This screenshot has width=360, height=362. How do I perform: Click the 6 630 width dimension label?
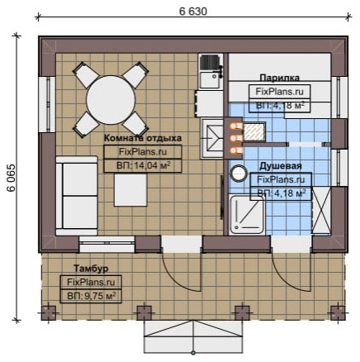(x=193, y=12)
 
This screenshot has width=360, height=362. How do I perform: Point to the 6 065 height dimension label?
(x=12, y=178)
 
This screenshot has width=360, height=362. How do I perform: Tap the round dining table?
(x=111, y=101)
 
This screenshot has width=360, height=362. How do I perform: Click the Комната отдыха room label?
(x=143, y=138)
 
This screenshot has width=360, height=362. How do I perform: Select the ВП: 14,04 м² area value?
(x=143, y=165)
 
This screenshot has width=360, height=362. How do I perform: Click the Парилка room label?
(x=279, y=78)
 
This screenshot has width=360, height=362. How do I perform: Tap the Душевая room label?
(x=281, y=166)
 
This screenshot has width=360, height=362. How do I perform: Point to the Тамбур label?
(x=91, y=269)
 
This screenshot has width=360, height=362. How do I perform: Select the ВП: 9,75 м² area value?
(x=91, y=296)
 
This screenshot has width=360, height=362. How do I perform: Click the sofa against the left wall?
(x=77, y=196)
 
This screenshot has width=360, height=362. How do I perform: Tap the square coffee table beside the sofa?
(x=130, y=190)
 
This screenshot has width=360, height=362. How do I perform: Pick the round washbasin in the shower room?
(x=239, y=174)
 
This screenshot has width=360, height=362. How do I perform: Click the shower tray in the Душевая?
(x=247, y=215)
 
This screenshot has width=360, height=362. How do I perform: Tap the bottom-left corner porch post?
(x=49, y=313)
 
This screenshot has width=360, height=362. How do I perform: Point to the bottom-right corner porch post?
(x=338, y=313)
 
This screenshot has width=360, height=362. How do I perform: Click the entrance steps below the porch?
(x=193, y=336)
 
